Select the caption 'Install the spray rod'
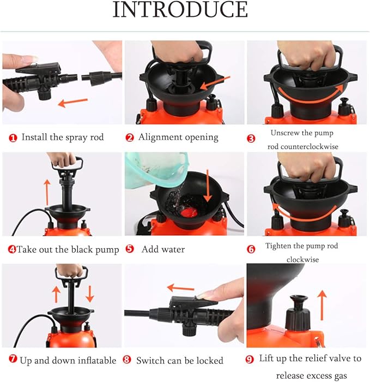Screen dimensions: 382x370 click(x=62, y=138)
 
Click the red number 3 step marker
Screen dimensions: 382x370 click(x=251, y=139)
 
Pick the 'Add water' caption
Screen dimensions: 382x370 click(x=163, y=249)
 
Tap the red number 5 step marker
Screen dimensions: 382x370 click(x=130, y=249)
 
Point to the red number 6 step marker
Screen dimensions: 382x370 click(x=251, y=249)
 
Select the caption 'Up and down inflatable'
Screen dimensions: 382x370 click(x=68, y=360)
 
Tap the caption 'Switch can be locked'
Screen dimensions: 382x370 click(x=179, y=360)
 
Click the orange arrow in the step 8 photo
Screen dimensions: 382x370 click(x=180, y=287)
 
